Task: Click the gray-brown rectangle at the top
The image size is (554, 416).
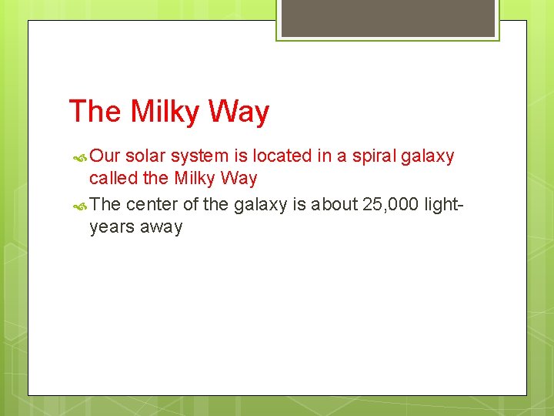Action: click(x=387, y=18)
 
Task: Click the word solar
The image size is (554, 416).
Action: click(x=145, y=156)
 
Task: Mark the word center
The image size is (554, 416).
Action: click(x=152, y=204)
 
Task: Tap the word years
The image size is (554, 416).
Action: click(x=112, y=228)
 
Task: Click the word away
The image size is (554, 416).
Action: click(x=161, y=228)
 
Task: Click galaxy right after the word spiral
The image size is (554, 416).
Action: click(x=428, y=157)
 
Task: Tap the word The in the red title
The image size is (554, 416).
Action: click(x=95, y=112)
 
